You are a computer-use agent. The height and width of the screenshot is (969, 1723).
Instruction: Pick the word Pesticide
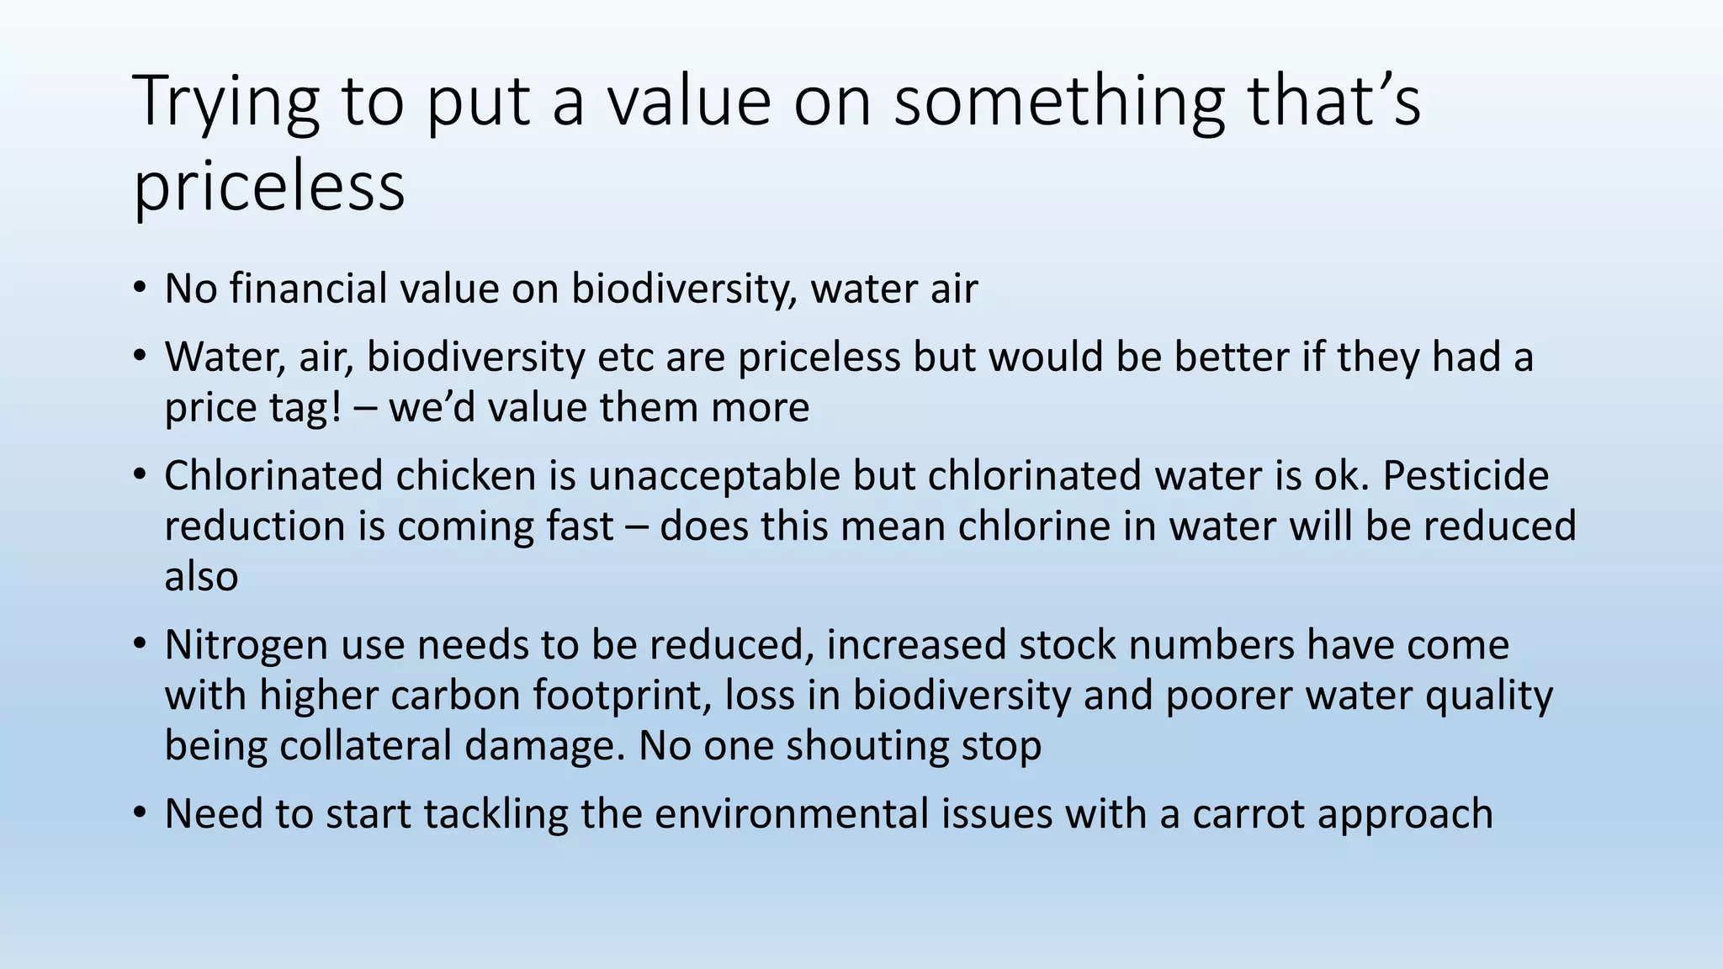click(x=1465, y=475)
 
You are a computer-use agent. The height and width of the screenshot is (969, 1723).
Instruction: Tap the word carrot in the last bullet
click(x=1247, y=814)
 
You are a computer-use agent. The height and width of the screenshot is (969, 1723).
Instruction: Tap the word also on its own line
click(x=201, y=577)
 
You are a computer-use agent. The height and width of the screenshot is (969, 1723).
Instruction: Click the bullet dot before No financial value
click(x=140, y=289)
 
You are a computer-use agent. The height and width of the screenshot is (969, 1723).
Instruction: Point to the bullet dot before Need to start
click(x=140, y=814)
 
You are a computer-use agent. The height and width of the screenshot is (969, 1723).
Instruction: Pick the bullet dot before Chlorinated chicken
click(x=140, y=475)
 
